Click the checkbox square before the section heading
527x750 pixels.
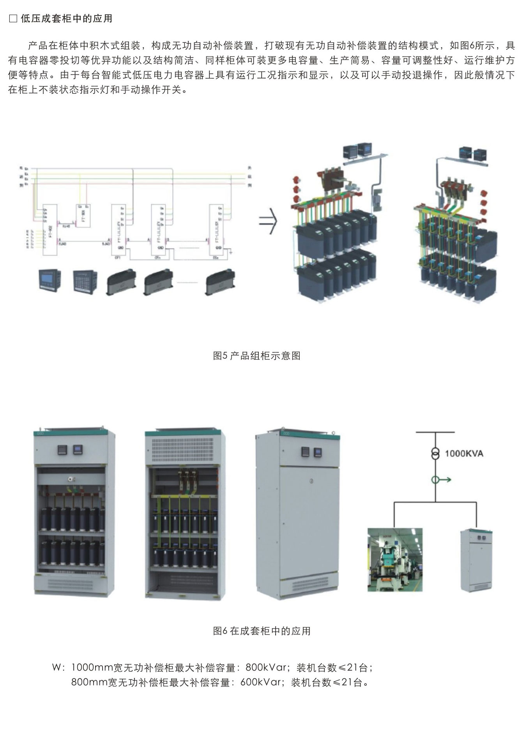pos(13,19)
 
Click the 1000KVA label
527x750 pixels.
pos(463,453)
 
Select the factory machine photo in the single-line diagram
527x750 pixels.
pos(395,560)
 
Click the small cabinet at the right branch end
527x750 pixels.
pos(476,560)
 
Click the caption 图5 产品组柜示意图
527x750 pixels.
pos(256,356)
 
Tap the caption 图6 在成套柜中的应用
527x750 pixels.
pos(262,631)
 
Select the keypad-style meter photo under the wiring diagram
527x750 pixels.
pos(84,282)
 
